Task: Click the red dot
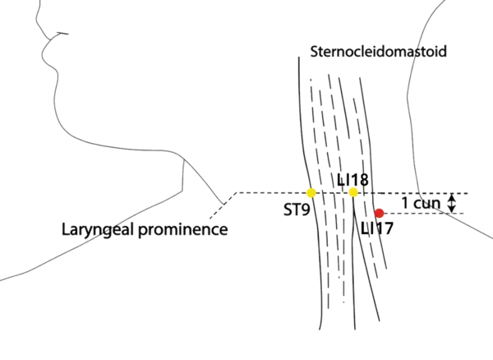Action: pyautogui.click(x=379, y=214)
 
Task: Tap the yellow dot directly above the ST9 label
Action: pyautogui.click(x=311, y=192)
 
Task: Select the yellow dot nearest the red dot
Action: pyautogui.click(x=353, y=192)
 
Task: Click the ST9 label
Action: pyautogui.click(x=295, y=211)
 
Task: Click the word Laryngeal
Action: pyautogui.click(x=90, y=228)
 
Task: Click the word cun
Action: pyautogui.click(x=426, y=203)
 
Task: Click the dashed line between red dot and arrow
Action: pyautogui.click(x=415, y=214)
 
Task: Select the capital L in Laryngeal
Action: pyautogui.click(x=63, y=228)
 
